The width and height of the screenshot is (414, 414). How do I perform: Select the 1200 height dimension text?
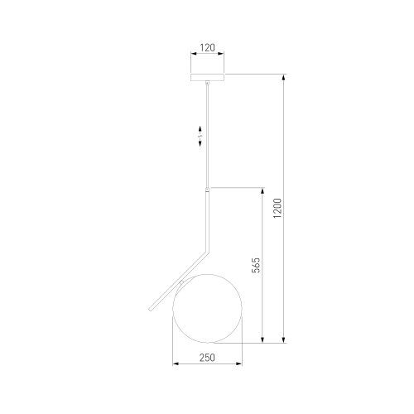[x=278, y=208]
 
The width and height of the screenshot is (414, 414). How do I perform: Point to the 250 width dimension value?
[x=207, y=358]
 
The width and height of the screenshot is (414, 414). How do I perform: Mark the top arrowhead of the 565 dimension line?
[x=262, y=190]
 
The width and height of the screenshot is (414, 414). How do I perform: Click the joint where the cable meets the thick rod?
[x=207, y=190]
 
